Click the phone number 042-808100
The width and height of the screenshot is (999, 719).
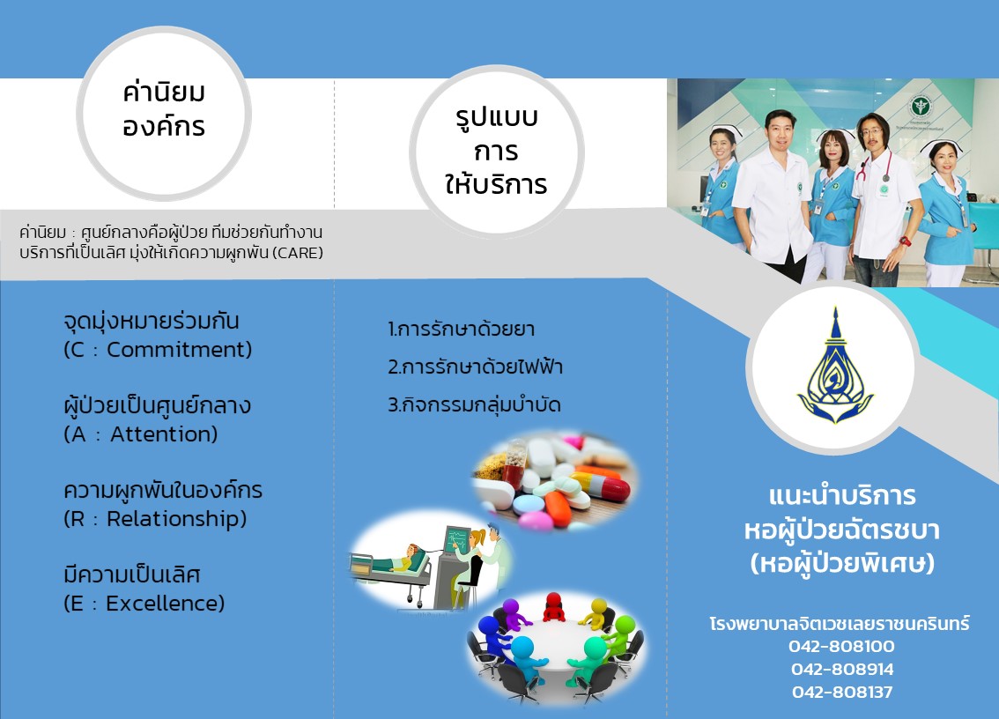tap(841, 647)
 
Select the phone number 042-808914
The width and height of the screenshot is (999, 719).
tap(842, 670)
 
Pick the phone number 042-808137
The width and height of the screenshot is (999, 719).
tap(842, 693)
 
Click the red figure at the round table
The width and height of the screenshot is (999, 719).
tap(553, 607)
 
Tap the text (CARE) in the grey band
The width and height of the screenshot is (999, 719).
tap(297, 253)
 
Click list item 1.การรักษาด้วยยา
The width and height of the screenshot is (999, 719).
tap(461, 330)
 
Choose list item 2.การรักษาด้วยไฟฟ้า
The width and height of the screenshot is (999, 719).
tap(476, 367)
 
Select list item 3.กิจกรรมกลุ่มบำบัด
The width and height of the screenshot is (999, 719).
tap(474, 404)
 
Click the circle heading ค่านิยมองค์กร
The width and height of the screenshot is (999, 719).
tap(164, 109)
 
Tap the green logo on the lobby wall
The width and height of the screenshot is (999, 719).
tap(920, 105)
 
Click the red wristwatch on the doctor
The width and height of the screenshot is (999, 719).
tap(904, 241)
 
